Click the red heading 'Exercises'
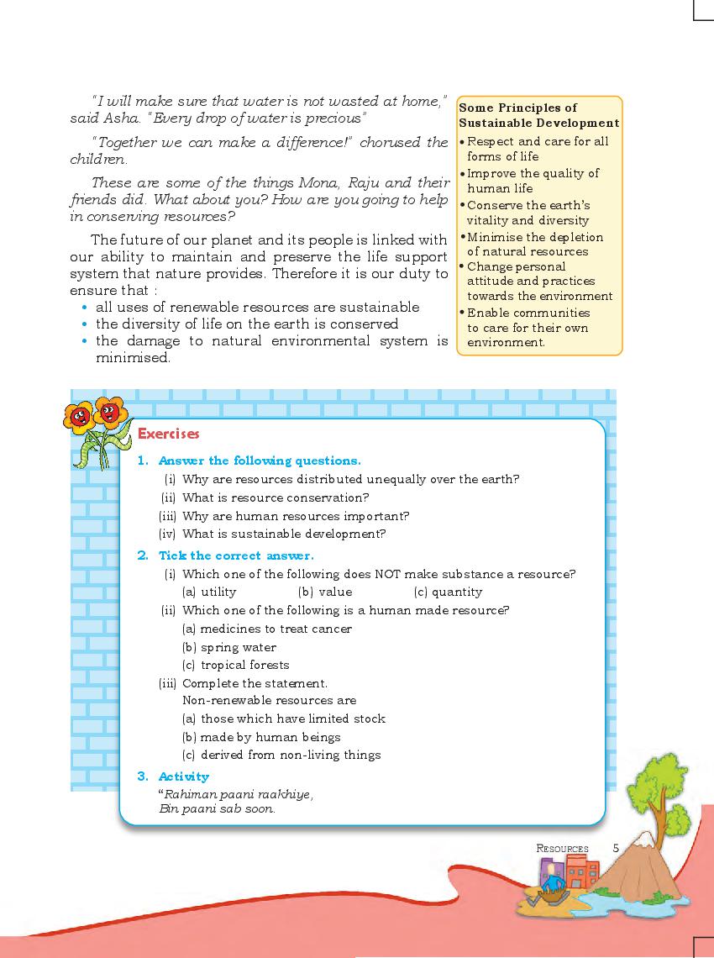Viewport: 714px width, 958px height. (168, 434)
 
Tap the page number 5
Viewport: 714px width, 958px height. (616, 848)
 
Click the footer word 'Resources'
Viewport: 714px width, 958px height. (563, 849)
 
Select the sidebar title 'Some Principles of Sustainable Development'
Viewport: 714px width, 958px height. (538, 115)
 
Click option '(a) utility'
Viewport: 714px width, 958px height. (209, 592)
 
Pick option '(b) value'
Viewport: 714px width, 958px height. (325, 592)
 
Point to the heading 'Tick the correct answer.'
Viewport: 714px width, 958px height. (236, 555)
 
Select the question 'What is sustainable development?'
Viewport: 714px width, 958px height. (284, 534)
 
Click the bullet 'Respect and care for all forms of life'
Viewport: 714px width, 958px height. (538, 149)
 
